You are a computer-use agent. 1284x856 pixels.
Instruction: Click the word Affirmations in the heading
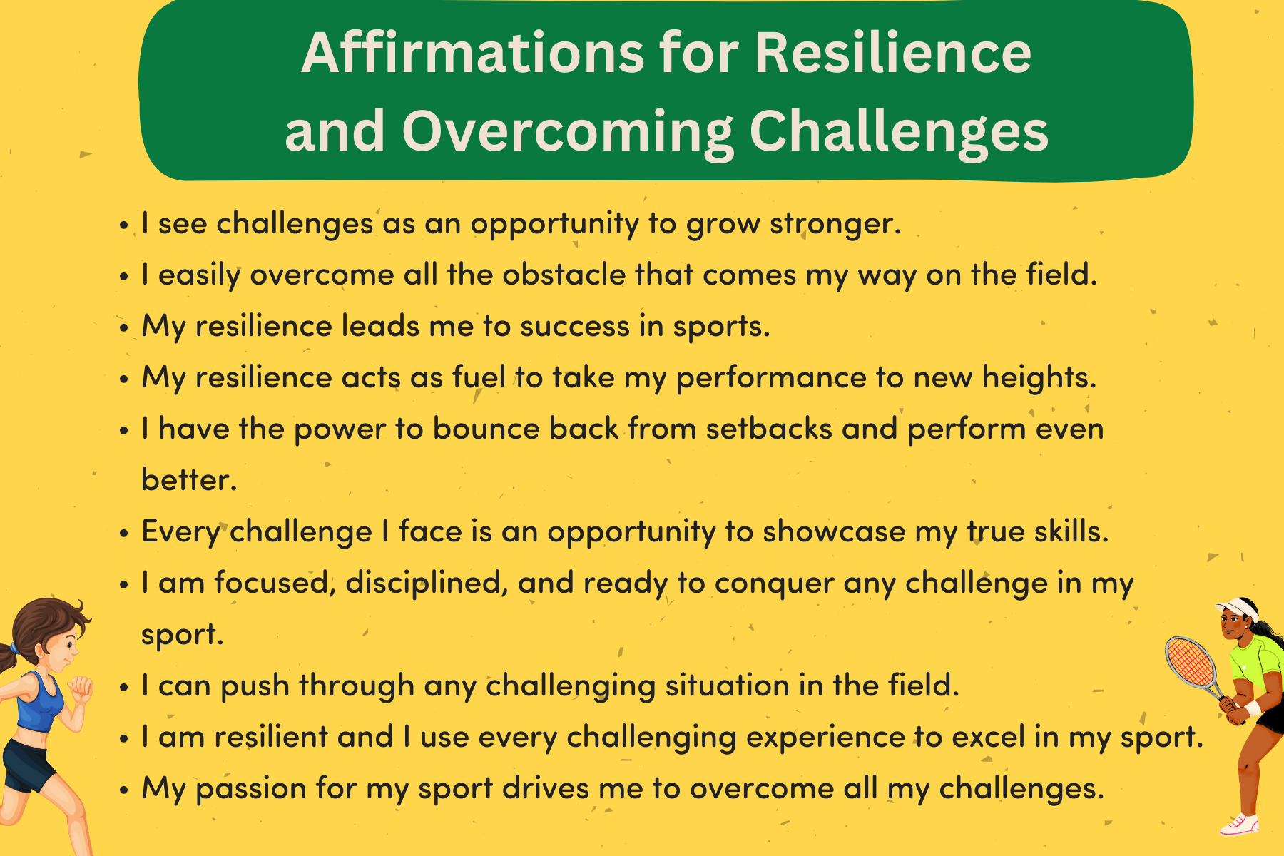coord(473,53)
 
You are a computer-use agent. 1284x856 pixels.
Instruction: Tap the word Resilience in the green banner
coord(893,53)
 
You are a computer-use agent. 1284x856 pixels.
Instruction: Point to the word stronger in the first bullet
coord(835,224)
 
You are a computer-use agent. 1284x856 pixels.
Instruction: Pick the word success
coord(575,327)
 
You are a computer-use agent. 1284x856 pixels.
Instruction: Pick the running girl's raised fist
coord(81,688)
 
